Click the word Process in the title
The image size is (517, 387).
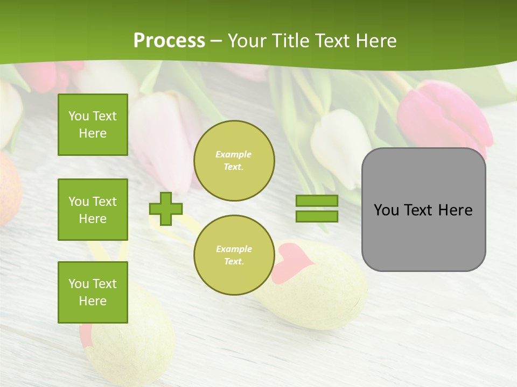click(x=169, y=41)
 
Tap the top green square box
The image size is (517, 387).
click(x=93, y=125)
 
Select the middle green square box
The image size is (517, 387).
click(x=93, y=210)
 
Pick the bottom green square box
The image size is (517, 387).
click(x=93, y=292)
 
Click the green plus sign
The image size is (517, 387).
click(x=166, y=209)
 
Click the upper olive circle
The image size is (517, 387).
click(x=234, y=161)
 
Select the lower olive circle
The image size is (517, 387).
click(x=234, y=255)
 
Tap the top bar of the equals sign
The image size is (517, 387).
click(x=317, y=200)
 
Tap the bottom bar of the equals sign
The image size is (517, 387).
click(x=317, y=217)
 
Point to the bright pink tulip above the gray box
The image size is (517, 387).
click(x=443, y=116)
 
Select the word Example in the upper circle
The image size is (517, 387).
click(x=234, y=154)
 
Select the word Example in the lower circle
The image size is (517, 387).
click(x=234, y=249)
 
